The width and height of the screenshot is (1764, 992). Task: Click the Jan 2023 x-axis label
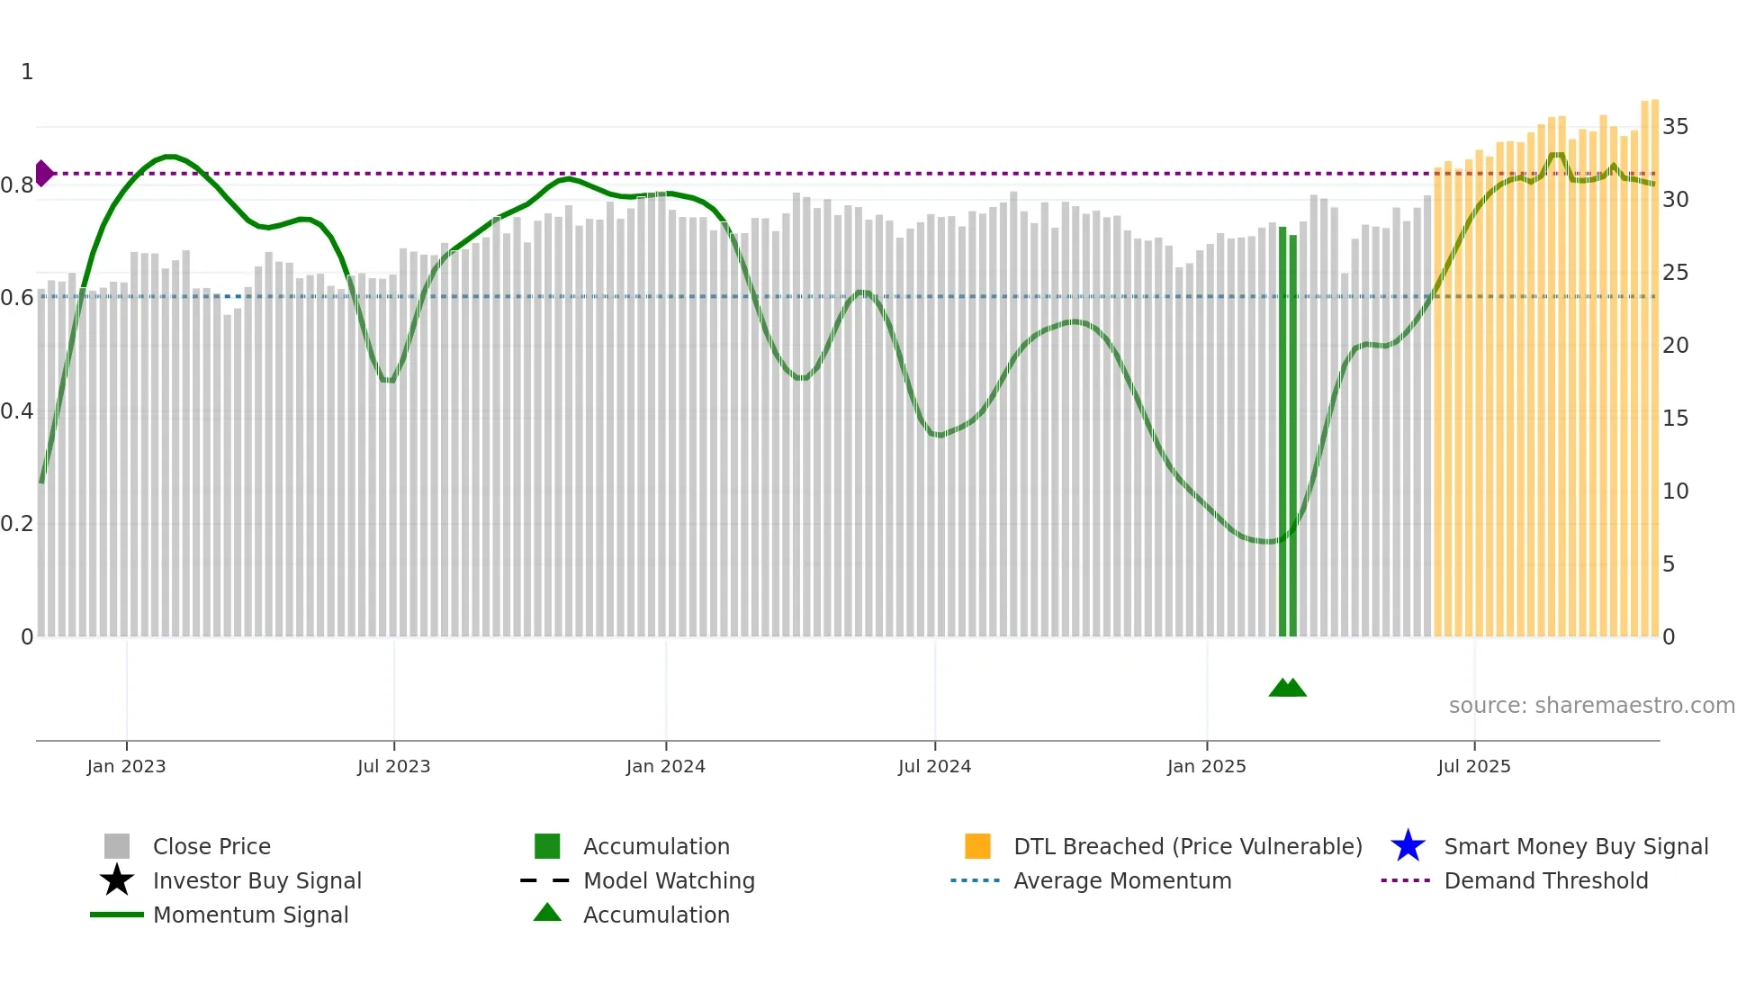point(126,766)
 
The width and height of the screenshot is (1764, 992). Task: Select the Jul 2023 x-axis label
point(393,766)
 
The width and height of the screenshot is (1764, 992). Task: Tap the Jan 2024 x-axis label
point(665,766)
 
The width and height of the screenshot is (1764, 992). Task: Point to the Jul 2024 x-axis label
point(934,766)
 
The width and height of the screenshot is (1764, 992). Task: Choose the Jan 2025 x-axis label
point(1206,766)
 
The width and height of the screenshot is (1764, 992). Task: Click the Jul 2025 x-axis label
point(1473,766)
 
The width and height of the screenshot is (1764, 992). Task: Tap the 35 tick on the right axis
point(1675,127)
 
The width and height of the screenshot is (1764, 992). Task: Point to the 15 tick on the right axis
point(1675,419)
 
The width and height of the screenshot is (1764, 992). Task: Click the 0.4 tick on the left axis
point(17,411)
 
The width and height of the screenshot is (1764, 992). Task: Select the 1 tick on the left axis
point(27,72)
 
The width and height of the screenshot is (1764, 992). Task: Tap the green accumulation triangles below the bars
point(1287,688)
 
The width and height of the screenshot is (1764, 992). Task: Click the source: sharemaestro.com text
point(1591,706)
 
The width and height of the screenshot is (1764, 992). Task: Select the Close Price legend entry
point(211,846)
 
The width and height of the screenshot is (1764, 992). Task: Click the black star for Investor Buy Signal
point(117,880)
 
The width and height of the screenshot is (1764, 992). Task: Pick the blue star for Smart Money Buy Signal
point(1408,846)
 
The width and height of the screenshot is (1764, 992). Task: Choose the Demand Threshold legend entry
point(1545,880)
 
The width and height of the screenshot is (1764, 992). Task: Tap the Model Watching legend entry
point(669,880)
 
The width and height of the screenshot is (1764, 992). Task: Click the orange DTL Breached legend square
point(977,846)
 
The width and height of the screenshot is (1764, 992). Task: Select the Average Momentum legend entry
point(1122,880)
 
